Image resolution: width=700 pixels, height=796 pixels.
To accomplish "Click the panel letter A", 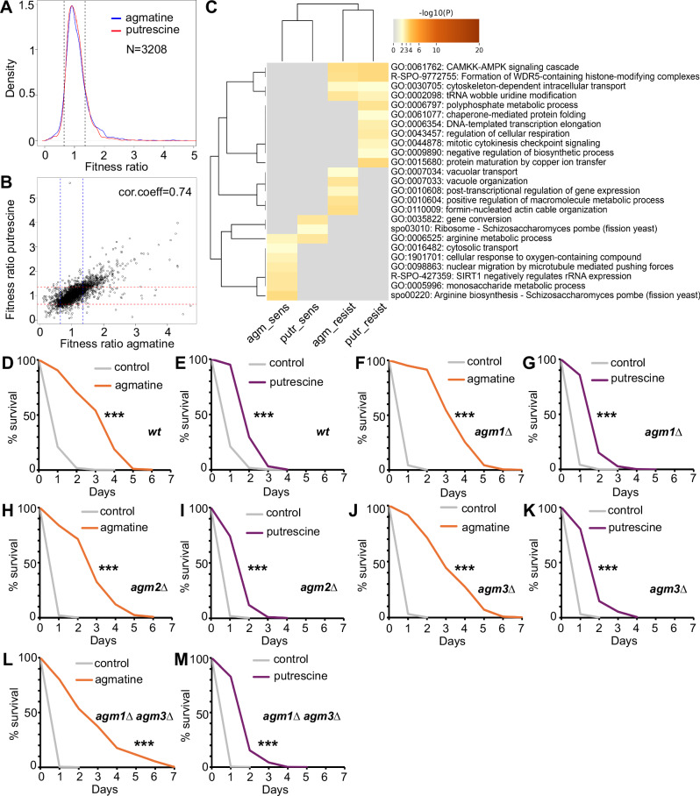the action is (x=6, y=9).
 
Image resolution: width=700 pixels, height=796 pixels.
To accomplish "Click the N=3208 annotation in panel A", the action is (x=146, y=49).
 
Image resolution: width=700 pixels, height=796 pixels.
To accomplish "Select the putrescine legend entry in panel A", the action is (x=146, y=30).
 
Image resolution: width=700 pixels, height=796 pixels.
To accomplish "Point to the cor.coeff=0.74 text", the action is (x=155, y=192).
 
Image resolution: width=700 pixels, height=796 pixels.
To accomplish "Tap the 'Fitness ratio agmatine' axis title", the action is (x=117, y=344).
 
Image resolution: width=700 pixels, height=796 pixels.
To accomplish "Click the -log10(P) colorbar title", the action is (x=435, y=12).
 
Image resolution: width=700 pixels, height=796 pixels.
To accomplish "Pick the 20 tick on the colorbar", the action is (x=479, y=50).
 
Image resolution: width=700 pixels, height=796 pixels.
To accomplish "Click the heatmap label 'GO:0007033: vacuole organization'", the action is (x=460, y=181).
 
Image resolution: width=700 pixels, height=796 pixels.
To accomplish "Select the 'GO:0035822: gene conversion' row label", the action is (x=451, y=219).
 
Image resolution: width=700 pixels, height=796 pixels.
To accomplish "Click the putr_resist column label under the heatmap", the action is (x=366, y=325).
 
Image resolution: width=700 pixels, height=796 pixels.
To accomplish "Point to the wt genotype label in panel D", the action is (x=154, y=432).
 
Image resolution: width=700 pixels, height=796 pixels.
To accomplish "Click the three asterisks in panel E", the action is (x=264, y=416).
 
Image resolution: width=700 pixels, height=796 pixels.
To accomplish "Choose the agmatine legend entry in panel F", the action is (x=482, y=380).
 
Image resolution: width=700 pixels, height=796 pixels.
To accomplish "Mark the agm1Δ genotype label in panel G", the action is (x=663, y=432).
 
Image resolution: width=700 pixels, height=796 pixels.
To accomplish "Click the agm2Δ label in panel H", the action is (x=149, y=587).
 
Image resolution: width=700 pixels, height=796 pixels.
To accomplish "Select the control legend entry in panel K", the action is (x=616, y=510).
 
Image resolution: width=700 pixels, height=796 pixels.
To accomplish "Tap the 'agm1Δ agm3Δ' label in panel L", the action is (x=134, y=717).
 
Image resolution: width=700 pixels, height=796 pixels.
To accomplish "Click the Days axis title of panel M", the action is (x=275, y=789).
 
